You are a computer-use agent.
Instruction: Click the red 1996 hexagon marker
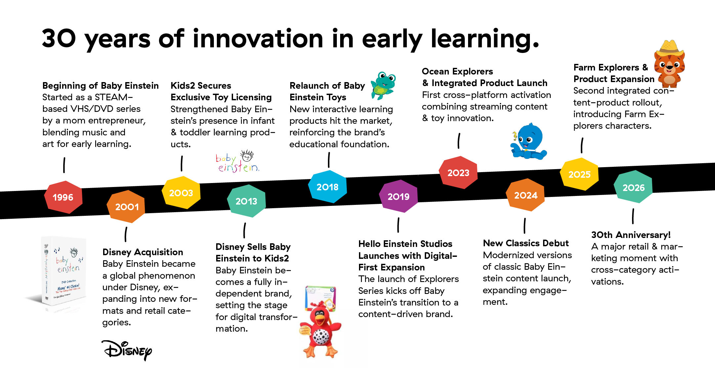tap(63, 197)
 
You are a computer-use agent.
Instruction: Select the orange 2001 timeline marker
tap(126, 207)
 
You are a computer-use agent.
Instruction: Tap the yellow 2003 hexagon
tap(181, 193)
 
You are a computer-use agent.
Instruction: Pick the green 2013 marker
tap(246, 201)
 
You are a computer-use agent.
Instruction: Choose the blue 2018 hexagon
tap(328, 187)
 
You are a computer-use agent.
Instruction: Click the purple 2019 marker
tap(398, 196)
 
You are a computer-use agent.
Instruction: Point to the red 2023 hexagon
tap(458, 172)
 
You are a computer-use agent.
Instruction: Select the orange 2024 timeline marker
tap(525, 195)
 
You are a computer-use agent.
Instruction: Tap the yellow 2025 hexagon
tap(579, 174)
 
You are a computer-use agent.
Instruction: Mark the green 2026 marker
tap(633, 187)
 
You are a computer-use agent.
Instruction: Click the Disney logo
tap(127, 350)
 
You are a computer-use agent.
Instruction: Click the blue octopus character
tap(528, 142)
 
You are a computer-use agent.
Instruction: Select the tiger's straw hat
tap(669, 49)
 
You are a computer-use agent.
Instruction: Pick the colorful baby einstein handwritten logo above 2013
tap(238, 161)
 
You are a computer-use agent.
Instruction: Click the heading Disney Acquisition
tap(143, 252)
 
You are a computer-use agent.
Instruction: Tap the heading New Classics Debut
tap(526, 243)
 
